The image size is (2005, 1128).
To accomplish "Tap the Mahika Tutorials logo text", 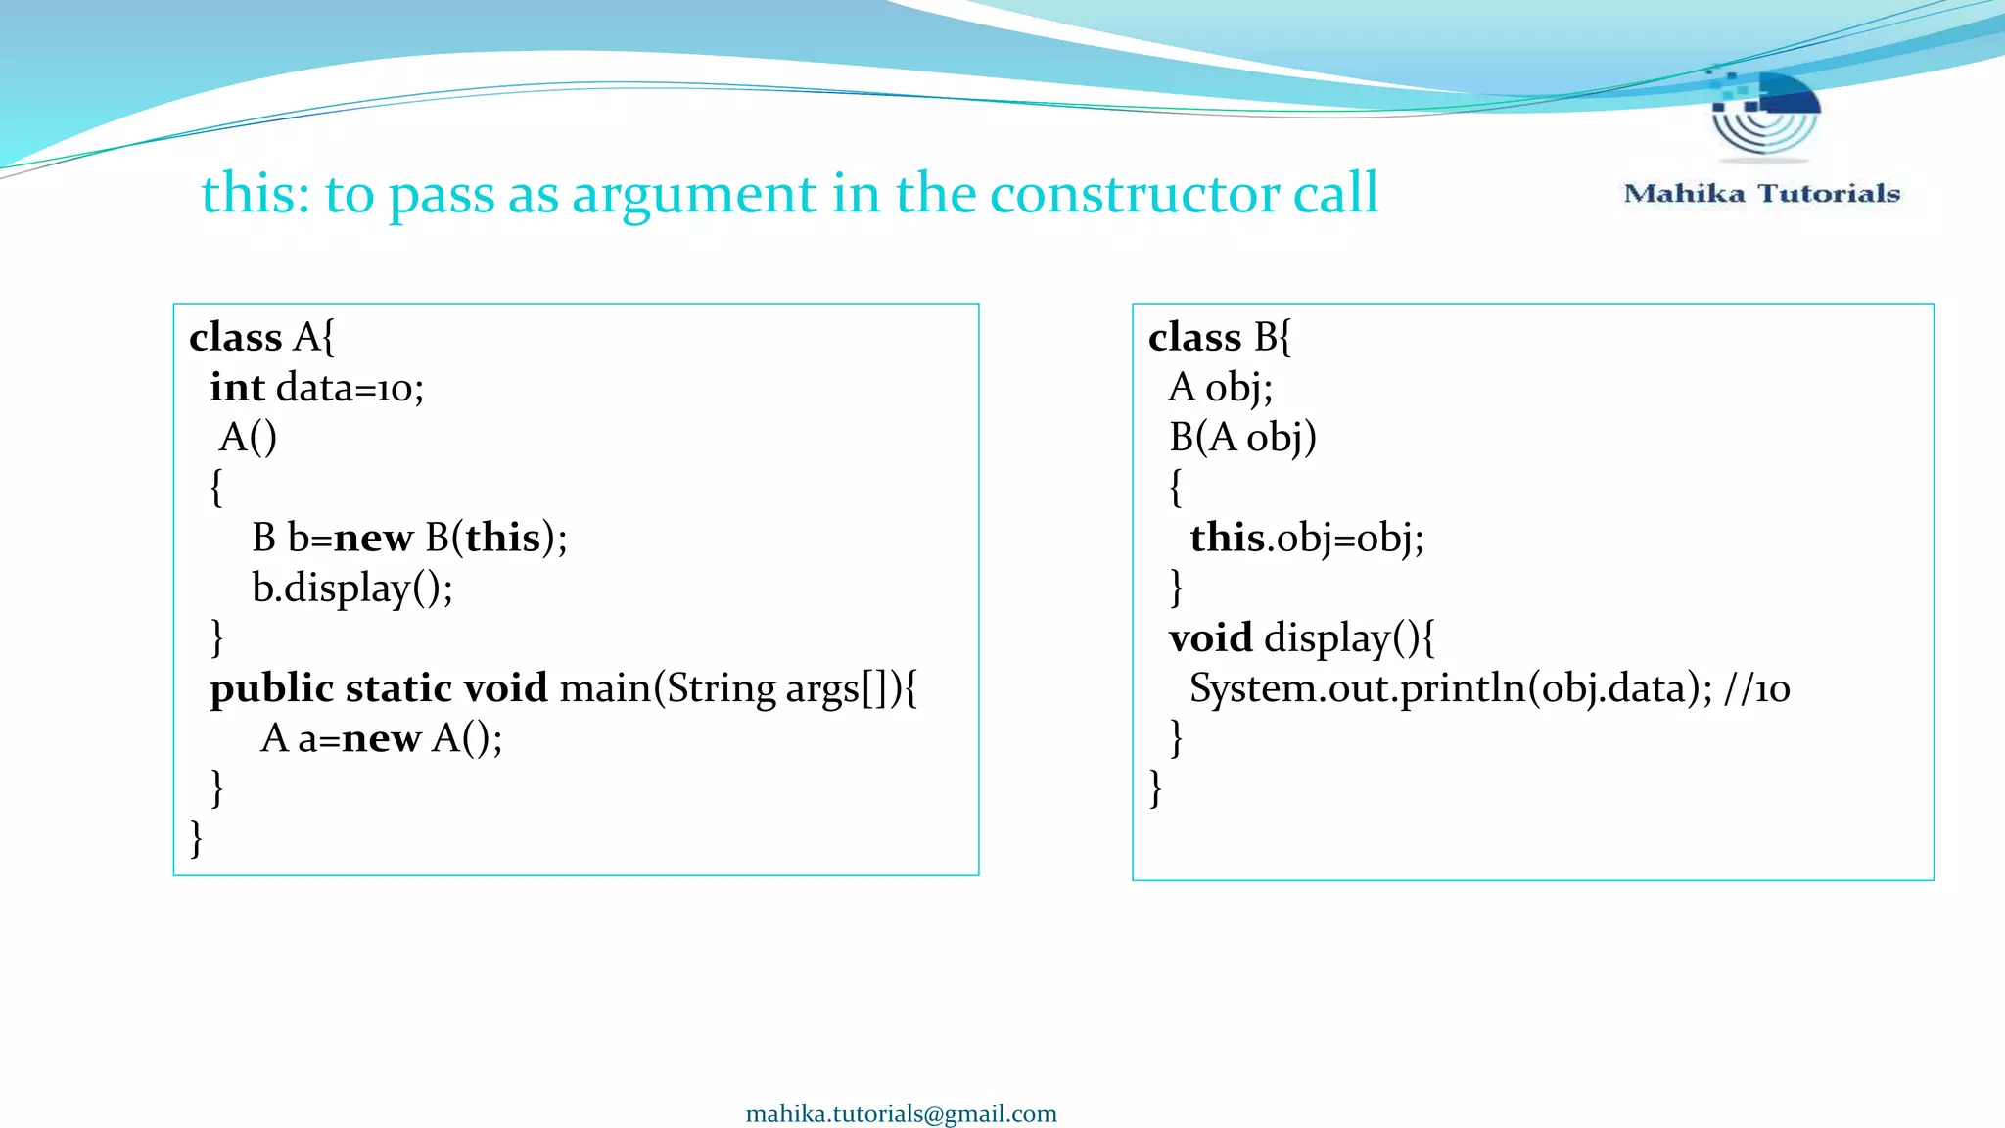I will (x=1761, y=194).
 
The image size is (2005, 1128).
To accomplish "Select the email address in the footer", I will (x=901, y=1113).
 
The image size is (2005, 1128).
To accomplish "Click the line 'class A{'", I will (x=261, y=337).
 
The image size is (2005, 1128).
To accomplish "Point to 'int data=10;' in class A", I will (x=316, y=388).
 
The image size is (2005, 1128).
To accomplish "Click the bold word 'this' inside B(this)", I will (x=502, y=538).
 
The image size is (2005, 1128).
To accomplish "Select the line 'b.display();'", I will (x=351, y=587).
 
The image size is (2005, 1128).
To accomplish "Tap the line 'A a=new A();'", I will (x=381, y=738).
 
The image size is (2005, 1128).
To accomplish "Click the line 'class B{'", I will (x=1220, y=337).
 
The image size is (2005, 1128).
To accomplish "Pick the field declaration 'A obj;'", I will (x=1220, y=388).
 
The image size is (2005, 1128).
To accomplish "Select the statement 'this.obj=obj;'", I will (x=1306, y=538).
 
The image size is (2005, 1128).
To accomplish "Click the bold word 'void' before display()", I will (x=1210, y=638).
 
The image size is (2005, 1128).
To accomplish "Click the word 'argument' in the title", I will (x=693, y=194).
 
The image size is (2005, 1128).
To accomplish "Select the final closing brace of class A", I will (x=196, y=838).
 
